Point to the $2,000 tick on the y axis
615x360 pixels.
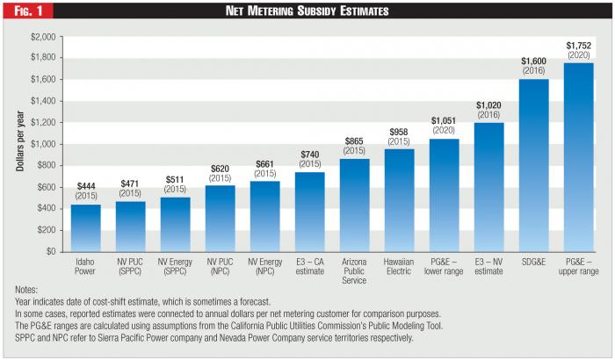click(x=42, y=37)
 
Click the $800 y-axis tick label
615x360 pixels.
click(x=45, y=165)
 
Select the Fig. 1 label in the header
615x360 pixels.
click(x=23, y=11)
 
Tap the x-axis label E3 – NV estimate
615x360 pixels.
click(x=488, y=266)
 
